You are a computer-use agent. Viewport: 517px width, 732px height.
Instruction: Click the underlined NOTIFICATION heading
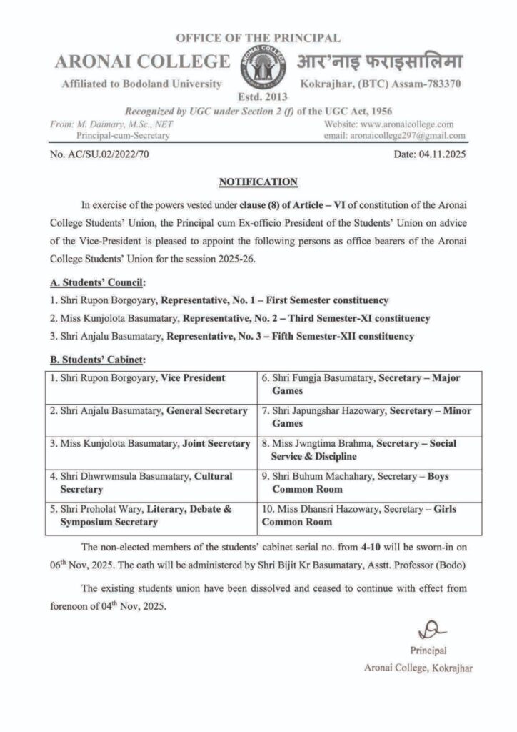point(258,182)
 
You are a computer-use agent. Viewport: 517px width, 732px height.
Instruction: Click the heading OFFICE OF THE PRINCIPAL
point(258,38)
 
